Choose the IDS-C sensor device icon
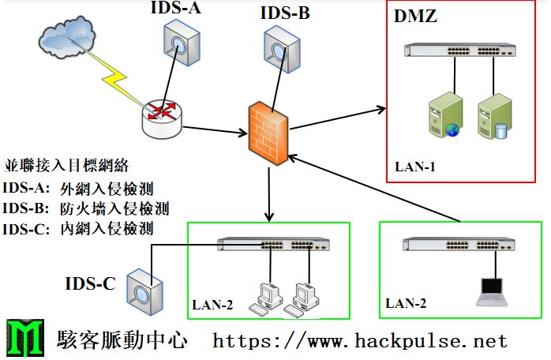click(147, 293)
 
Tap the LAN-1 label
click(415, 167)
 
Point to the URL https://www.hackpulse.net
click(360, 341)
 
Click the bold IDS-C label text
click(91, 283)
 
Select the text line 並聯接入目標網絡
click(66, 166)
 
